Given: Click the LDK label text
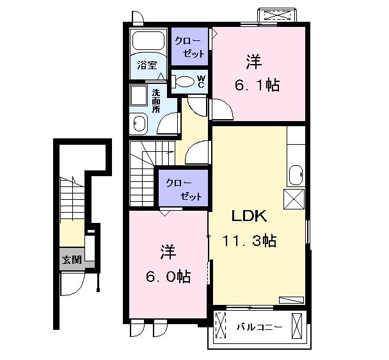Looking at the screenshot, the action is pyautogui.click(x=250, y=216).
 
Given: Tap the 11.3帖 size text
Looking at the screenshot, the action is pyautogui.click(x=250, y=240).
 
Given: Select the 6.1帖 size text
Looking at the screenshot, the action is pyautogui.click(x=257, y=85).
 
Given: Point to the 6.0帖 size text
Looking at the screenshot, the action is pyautogui.click(x=168, y=276).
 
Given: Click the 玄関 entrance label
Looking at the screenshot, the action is pyautogui.click(x=72, y=260).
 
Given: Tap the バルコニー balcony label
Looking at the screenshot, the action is pyautogui.click(x=259, y=327).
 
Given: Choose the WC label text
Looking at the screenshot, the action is pyautogui.click(x=201, y=82).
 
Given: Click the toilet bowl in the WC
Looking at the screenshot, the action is pyautogui.click(x=184, y=81).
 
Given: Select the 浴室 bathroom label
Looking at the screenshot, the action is pyautogui.click(x=147, y=65).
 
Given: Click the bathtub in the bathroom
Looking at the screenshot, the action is pyautogui.click(x=148, y=40).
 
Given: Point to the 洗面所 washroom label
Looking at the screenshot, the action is pyautogui.click(x=156, y=101).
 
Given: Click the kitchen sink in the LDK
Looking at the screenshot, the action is pyautogui.click(x=296, y=175).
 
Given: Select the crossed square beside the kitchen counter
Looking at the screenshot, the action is pyautogui.click(x=294, y=199).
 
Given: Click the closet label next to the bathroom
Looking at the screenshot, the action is pyautogui.click(x=190, y=47).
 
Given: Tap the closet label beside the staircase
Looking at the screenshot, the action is pyautogui.click(x=184, y=190).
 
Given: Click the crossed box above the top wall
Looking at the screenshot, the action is pyautogui.click(x=277, y=15).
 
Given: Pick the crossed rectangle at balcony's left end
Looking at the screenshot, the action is pyautogui.click(x=221, y=325).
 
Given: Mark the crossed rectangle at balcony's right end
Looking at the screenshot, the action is pyautogui.click(x=297, y=325).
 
